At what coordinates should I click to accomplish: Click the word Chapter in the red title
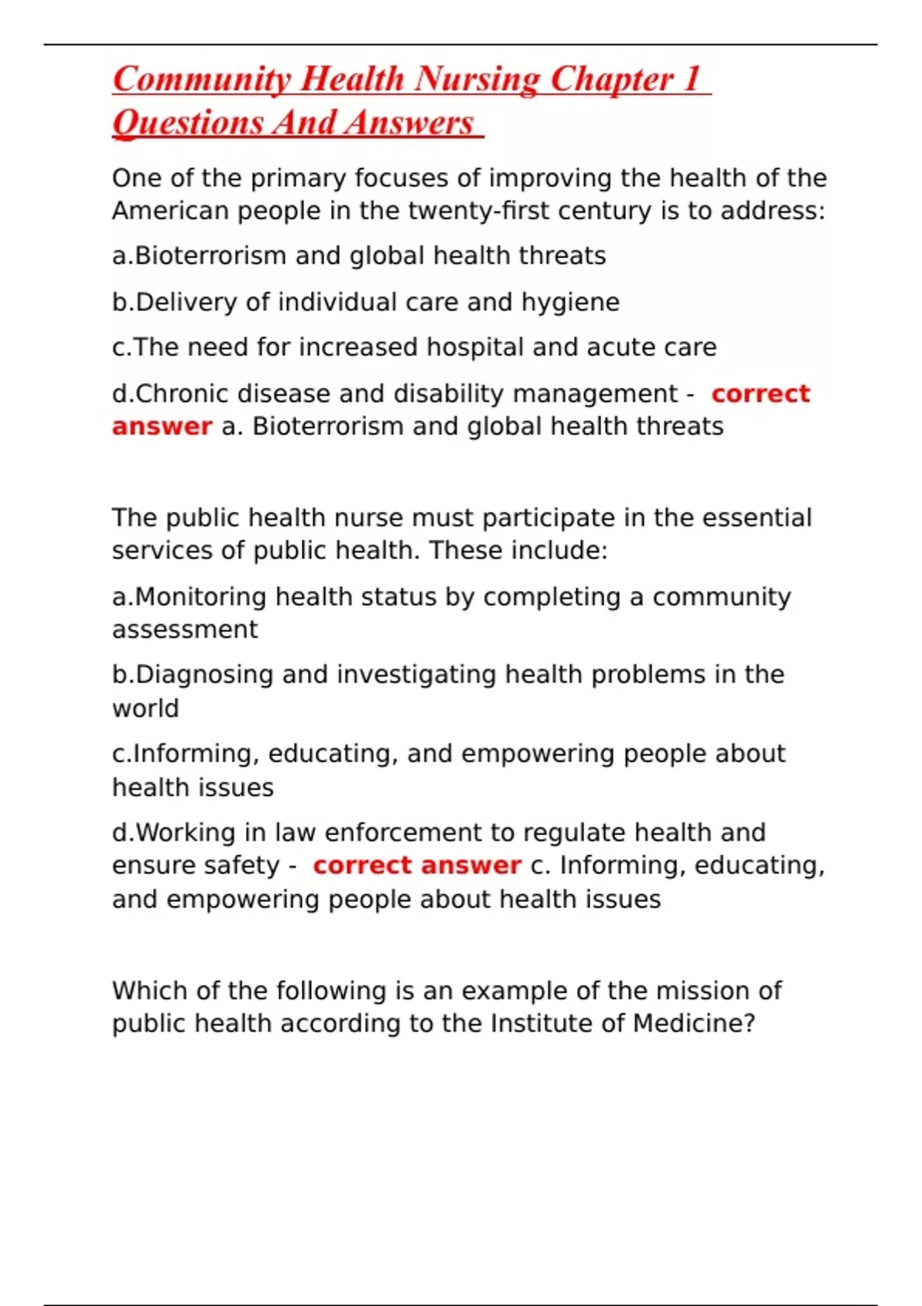(612, 80)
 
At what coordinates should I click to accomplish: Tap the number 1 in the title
(691, 80)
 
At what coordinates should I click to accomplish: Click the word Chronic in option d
(181, 393)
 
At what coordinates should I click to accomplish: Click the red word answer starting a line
(161, 426)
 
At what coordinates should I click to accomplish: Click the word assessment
(184, 630)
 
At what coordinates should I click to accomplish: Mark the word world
(145, 708)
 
